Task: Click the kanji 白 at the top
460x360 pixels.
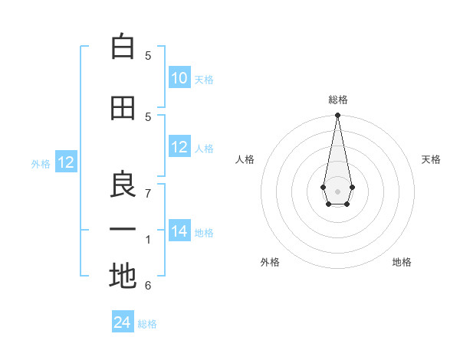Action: pos(123,47)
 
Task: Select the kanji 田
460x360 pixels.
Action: pos(123,108)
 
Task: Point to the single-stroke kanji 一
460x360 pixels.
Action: pos(123,230)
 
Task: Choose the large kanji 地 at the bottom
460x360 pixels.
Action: pos(123,277)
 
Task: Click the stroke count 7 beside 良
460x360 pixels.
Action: pos(148,193)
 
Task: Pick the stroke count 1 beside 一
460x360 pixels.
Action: pos(148,240)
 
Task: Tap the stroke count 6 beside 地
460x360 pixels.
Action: pos(148,286)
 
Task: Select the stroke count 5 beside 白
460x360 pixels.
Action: pos(148,55)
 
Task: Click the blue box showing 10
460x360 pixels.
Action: pos(179,78)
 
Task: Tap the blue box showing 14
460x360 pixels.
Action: pos(179,232)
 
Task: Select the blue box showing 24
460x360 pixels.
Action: pos(123,322)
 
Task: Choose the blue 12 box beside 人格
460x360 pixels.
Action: pos(179,147)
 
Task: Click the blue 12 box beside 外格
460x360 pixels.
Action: pos(66,162)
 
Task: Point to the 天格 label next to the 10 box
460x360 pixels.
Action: pos(204,80)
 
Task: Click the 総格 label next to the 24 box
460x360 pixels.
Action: pos(147,324)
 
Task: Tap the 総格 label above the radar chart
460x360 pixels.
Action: pos(337,100)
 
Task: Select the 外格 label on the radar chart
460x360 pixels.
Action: pos(270,262)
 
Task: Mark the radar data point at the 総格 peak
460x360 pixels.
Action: pos(337,116)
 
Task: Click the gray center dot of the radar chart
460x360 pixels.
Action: pos(337,190)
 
